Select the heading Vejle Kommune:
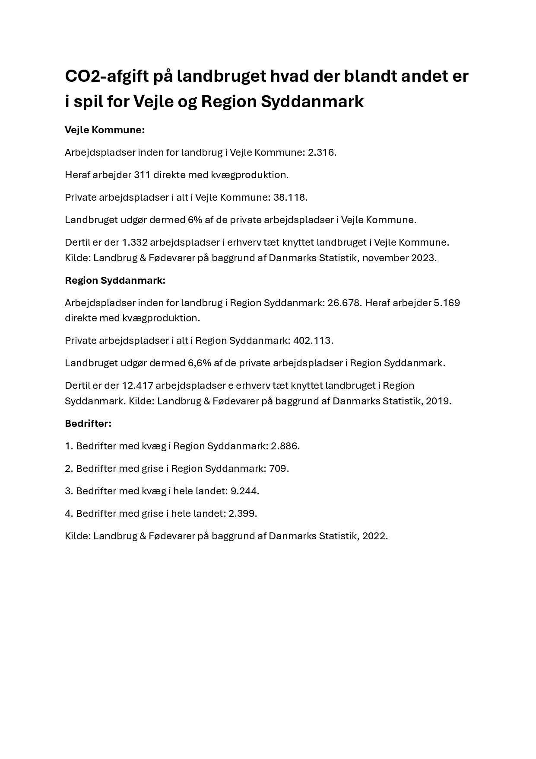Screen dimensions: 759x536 (x=105, y=130)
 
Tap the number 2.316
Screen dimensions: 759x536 (x=321, y=153)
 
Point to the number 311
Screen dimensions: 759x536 (x=142, y=175)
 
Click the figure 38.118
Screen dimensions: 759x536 (x=290, y=198)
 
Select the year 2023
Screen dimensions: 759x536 (x=423, y=258)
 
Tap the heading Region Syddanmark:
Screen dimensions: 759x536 (x=115, y=281)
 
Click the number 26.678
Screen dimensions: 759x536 (x=344, y=303)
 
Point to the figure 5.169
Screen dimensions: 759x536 (x=447, y=303)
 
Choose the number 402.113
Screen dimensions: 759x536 (x=313, y=341)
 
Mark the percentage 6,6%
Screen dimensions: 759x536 (x=200, y=363)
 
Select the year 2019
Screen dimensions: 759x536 (x=438, y=401)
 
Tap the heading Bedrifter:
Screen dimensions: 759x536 (x=88, y=424)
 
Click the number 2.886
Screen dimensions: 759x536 (x=285, y=446)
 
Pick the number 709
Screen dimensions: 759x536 (x=279, y=469)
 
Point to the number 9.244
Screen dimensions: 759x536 (x=244, y=491)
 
